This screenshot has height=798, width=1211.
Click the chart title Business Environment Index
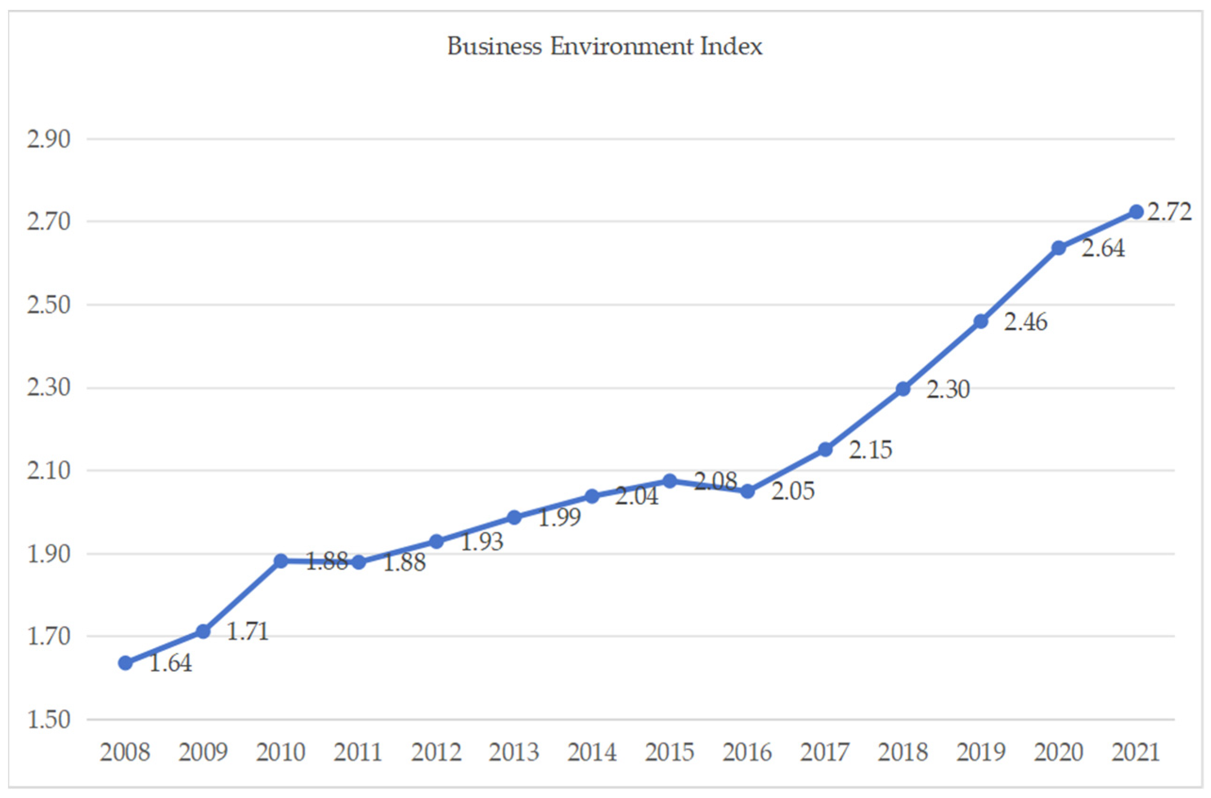coord(604,46)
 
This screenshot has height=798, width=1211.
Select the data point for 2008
coord(125,663)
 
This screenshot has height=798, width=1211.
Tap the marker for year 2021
coord(1136,212)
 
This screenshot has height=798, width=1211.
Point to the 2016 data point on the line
coord(748,492)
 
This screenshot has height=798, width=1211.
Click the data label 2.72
coord(1170,212)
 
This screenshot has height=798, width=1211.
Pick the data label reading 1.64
coord(171,663)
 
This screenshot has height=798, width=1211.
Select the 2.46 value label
coord(1025,322)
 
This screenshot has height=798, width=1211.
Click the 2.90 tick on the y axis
coord(49,139)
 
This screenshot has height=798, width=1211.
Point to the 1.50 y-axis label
coord(49,720)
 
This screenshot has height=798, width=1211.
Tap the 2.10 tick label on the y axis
coord(49,470)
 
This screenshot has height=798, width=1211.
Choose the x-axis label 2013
coord(514,752)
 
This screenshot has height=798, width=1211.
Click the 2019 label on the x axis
coord(981,752)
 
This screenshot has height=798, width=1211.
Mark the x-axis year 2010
coord(280,752)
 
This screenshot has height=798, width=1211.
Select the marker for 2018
coord(902,389)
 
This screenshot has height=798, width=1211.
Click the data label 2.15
coord(870,450)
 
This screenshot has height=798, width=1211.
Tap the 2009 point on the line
coord(203,632)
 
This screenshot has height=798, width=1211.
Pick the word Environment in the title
coord(621,46)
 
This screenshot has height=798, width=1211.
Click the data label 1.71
coord(247,632)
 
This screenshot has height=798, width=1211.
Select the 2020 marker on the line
coord(1058,248)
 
